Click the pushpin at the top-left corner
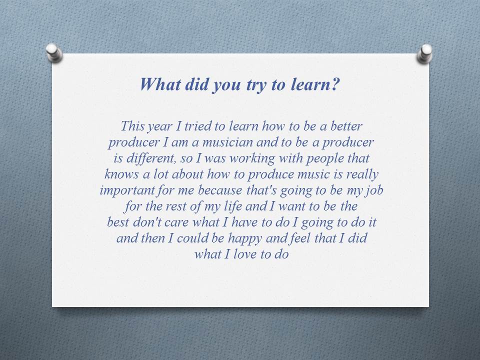(53, 52)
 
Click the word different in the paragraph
(141, 158)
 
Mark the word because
(220, 190)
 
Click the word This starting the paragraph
(132, 126)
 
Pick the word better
(345, 126)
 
